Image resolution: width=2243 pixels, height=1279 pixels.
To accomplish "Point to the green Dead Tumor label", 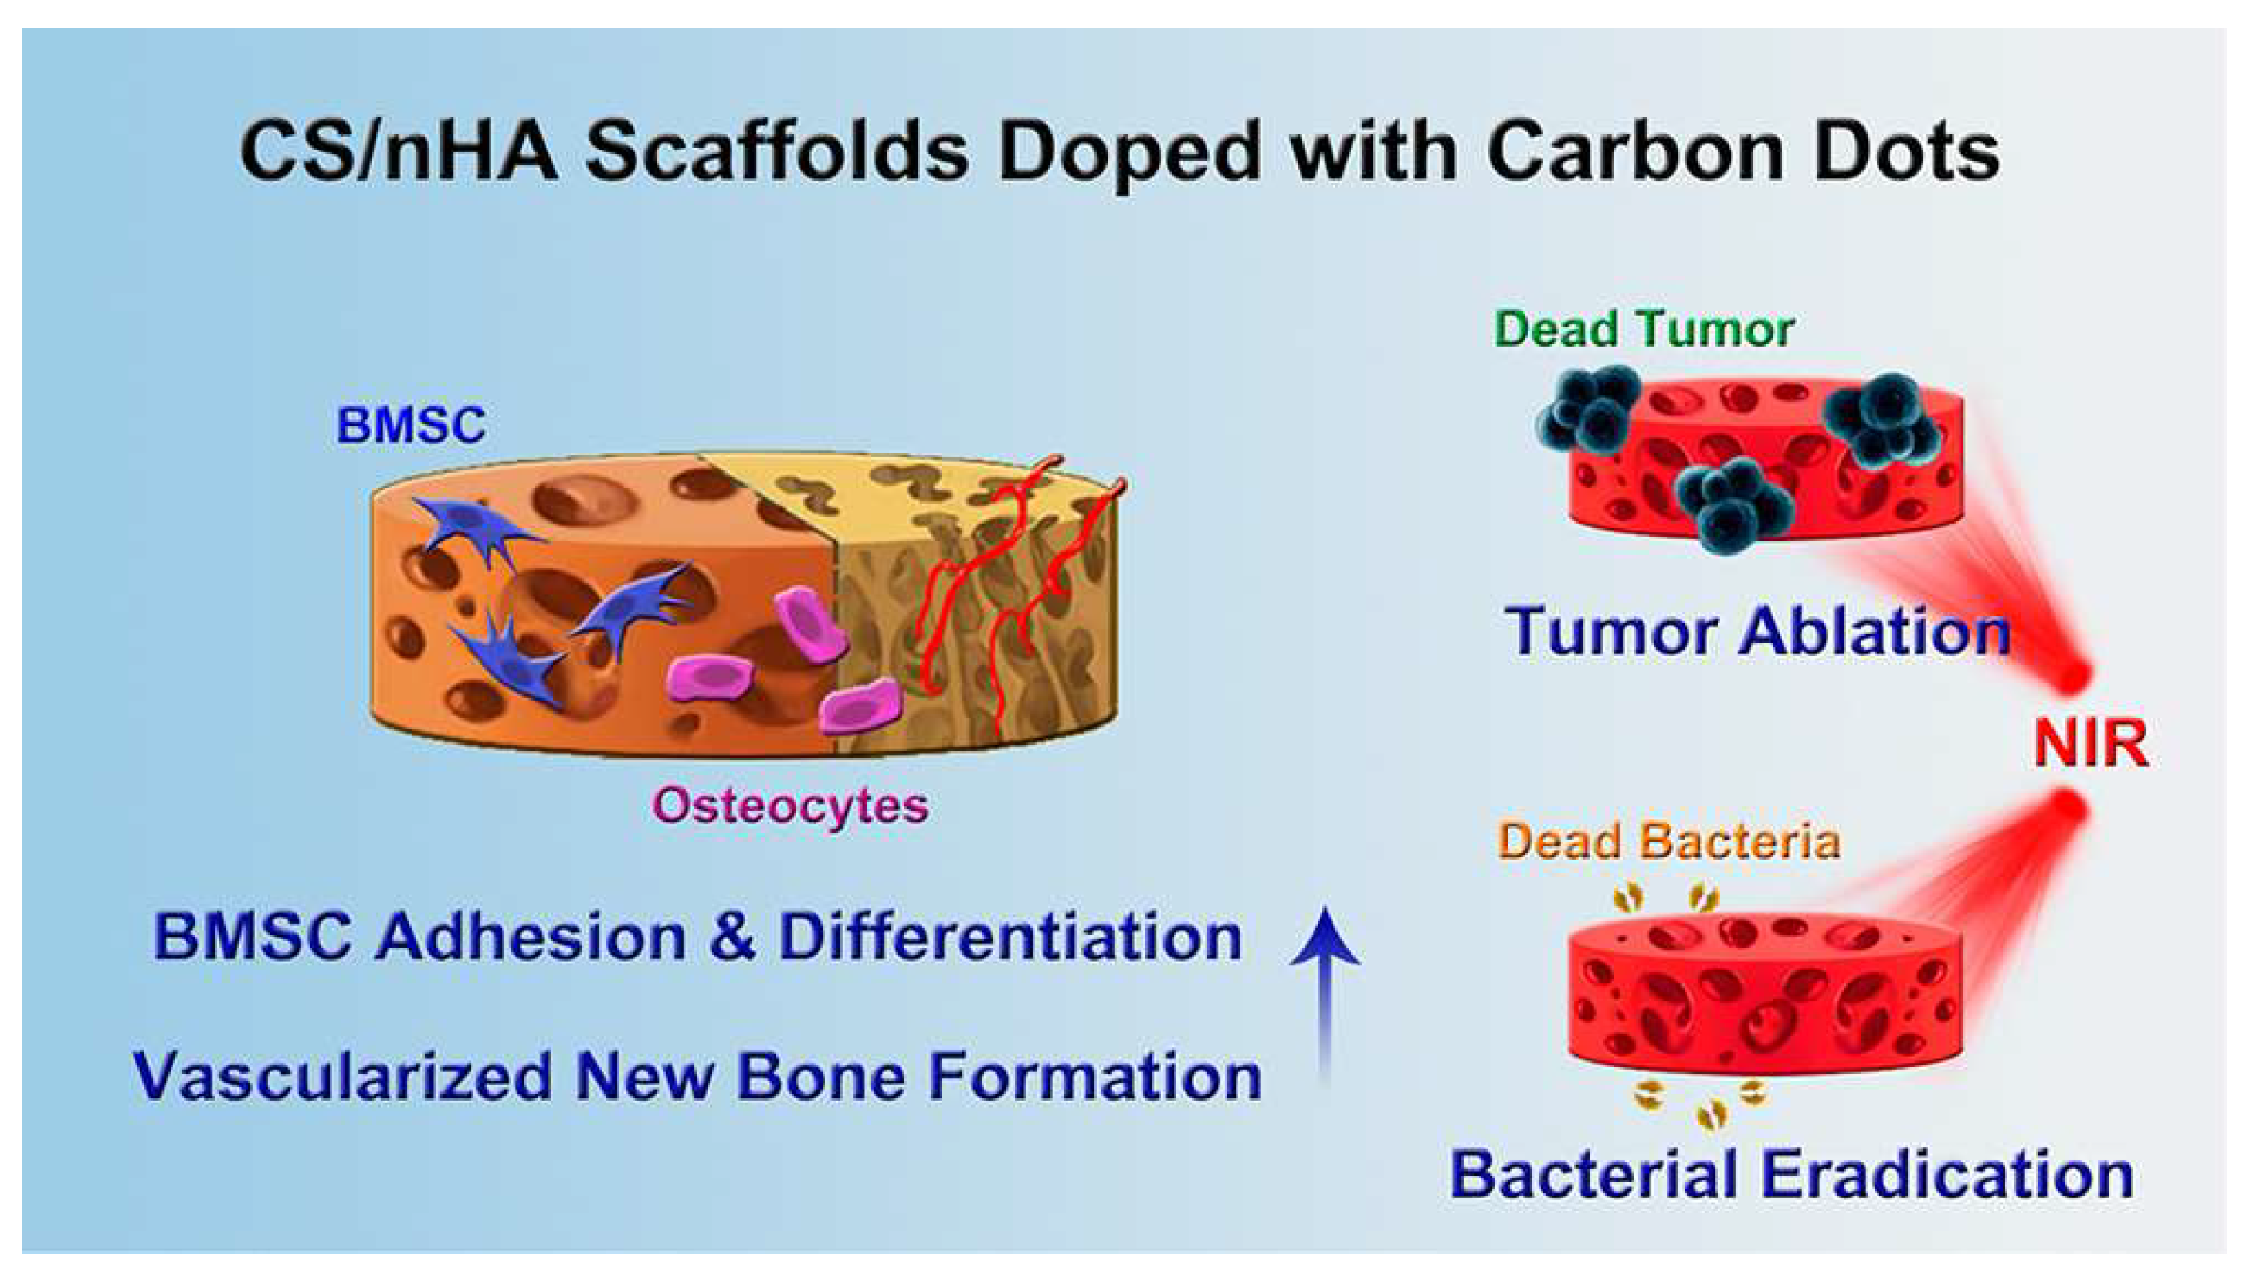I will click(1643, 330).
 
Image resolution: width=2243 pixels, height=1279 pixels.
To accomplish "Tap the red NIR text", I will click(2090, 744).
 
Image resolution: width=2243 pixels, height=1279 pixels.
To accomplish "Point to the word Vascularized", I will click(342, 1076).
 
